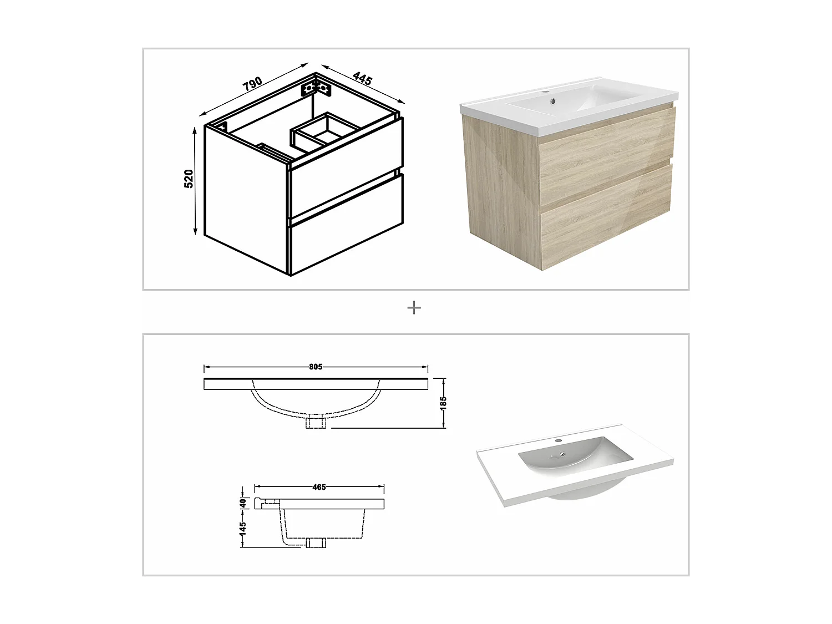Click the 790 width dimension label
pos(252,84)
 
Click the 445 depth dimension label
pos(362,79)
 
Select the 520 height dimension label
pos(189,179)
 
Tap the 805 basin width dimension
pos(316,367)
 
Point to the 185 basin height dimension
pos(443,403)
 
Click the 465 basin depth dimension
pos(319,487)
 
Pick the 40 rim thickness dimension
pos(242,503)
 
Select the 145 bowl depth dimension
pos(242,528)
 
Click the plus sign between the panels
pos(414,308)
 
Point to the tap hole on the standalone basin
pos(560,442)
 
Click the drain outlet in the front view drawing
pos(316,423)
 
